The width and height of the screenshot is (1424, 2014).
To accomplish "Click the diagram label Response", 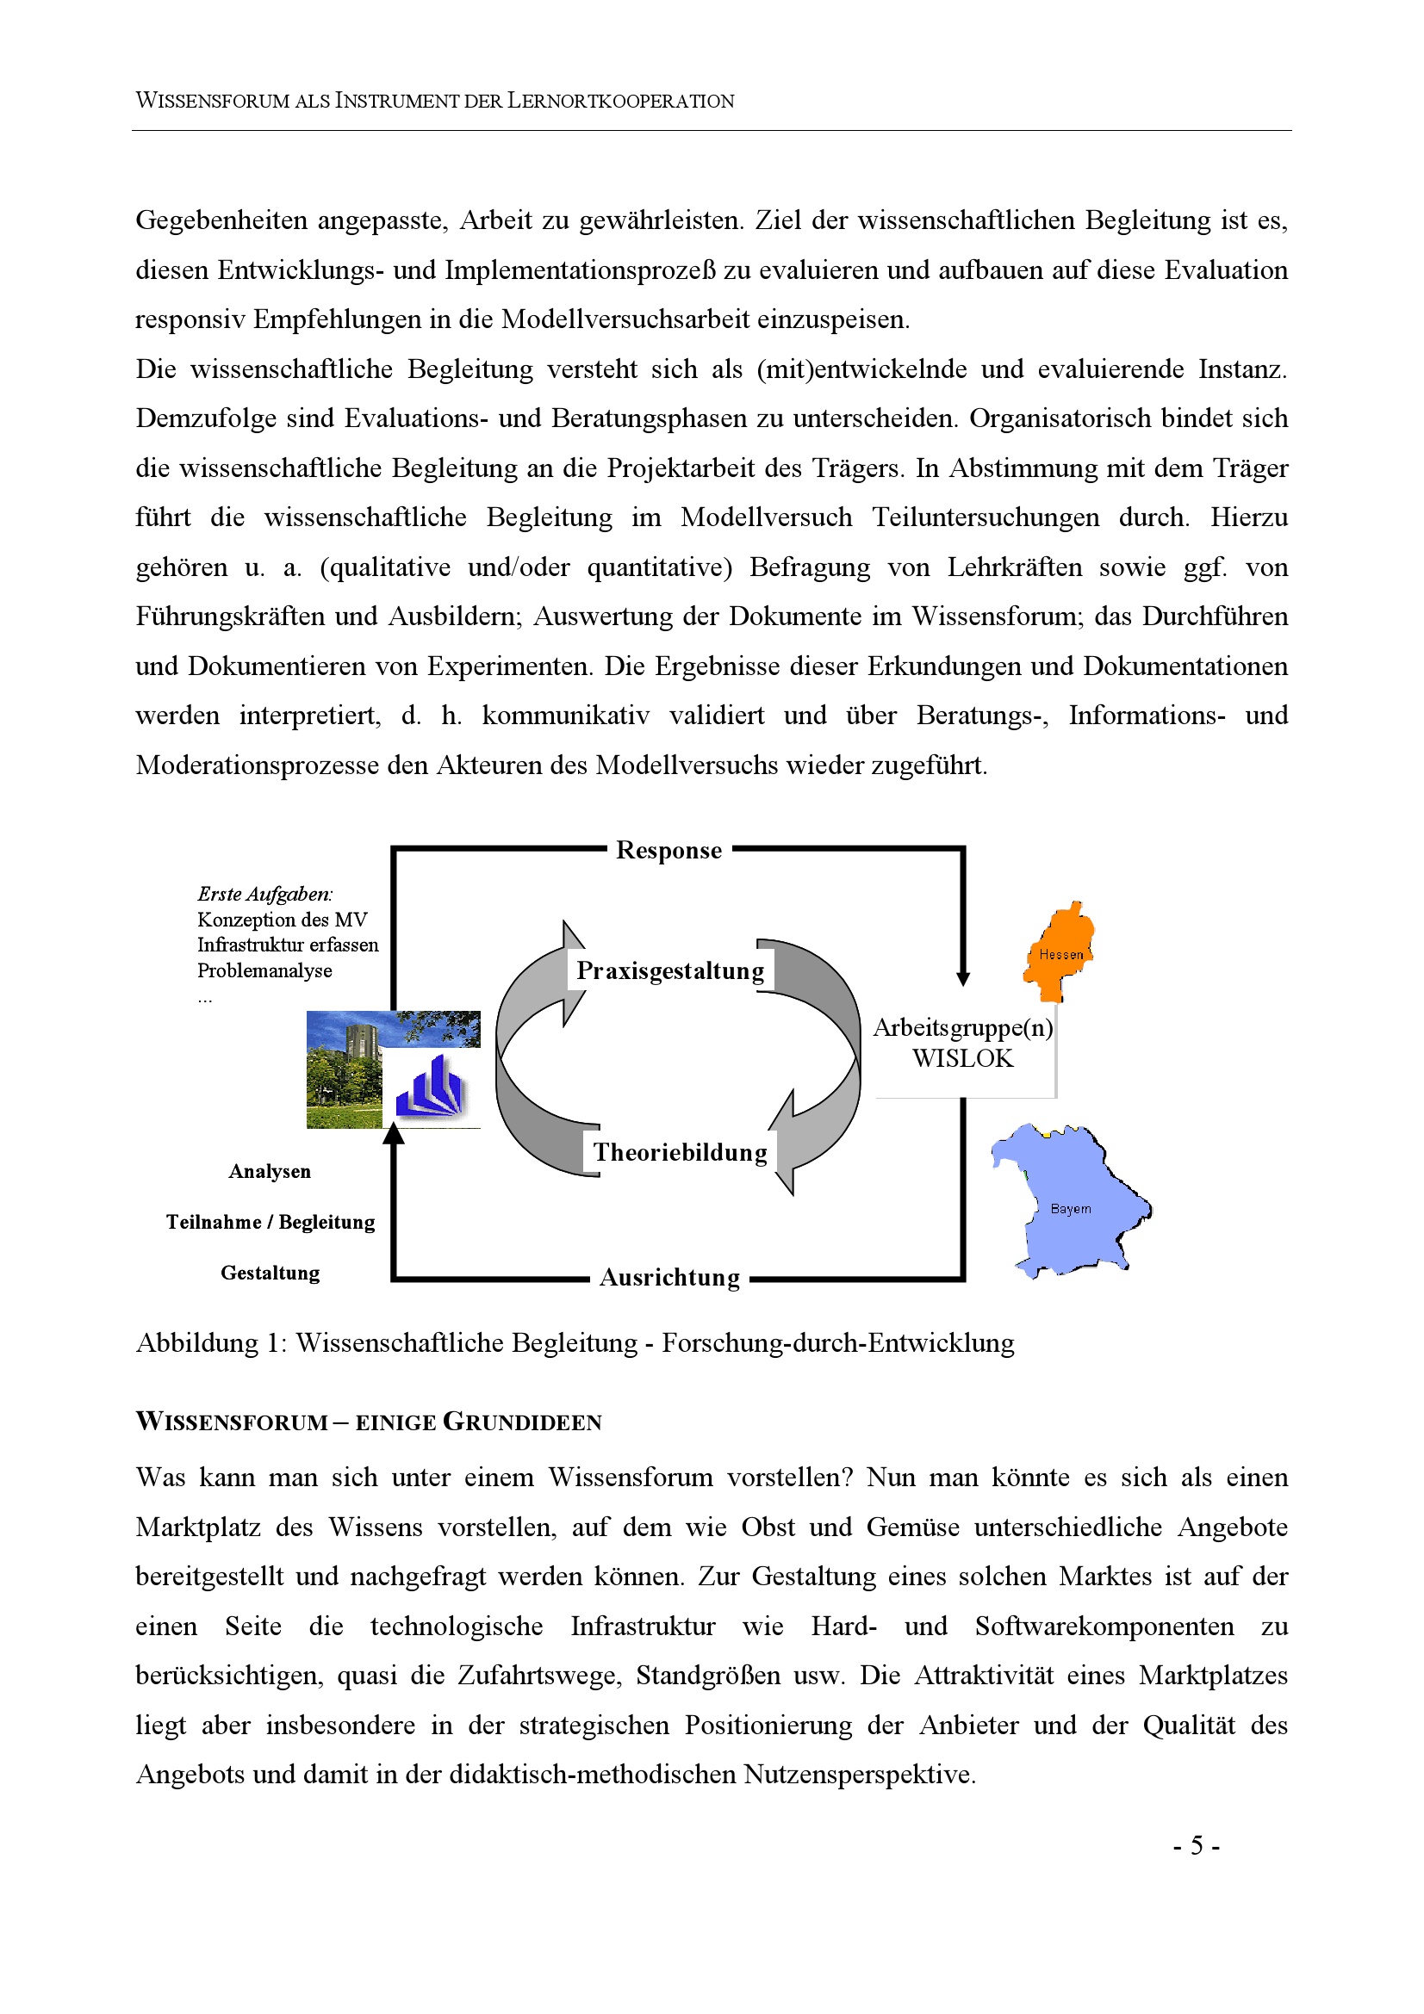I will click(668, 851).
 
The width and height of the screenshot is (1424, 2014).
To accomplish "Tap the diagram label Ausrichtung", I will click(669, 1278).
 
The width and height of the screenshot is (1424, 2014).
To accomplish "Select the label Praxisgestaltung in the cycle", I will click(670, 971).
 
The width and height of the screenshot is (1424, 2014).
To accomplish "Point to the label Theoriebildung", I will click(680, 1153).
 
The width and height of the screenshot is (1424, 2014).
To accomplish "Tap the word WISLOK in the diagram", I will click(962, 1059).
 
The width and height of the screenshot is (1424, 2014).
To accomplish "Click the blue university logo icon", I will click(429, 1088).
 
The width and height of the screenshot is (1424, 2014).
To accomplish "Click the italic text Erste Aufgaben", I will click(265, 895).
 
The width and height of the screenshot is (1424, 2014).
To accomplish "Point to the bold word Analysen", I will click(270, 1172).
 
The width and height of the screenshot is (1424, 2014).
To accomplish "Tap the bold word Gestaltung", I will click(270, 1273).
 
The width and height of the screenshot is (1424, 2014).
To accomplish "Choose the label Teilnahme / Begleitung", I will click(270, 1223).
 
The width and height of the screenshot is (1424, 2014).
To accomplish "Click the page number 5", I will click(1197, 1846).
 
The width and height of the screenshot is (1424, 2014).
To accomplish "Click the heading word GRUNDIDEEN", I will click(522, 1422).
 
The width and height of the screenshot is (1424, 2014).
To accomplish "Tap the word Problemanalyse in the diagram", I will click(264, 971).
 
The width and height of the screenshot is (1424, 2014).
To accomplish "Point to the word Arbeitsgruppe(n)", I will click(962, 1028).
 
